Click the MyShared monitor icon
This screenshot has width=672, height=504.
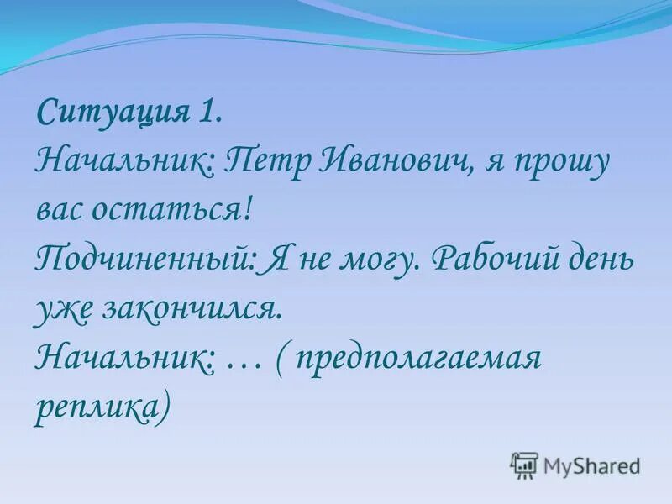click(524, 465)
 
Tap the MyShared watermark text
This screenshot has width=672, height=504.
click(591, 465)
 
